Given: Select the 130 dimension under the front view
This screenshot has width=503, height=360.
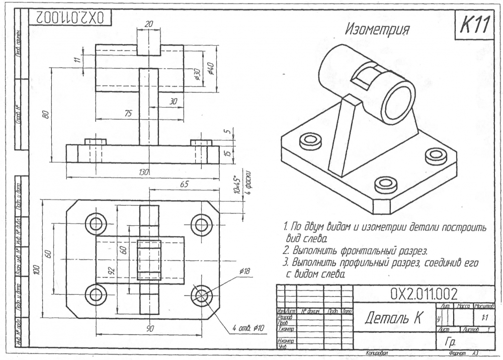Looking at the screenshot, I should (144, 172).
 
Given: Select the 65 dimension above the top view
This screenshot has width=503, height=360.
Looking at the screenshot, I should (185, 185).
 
